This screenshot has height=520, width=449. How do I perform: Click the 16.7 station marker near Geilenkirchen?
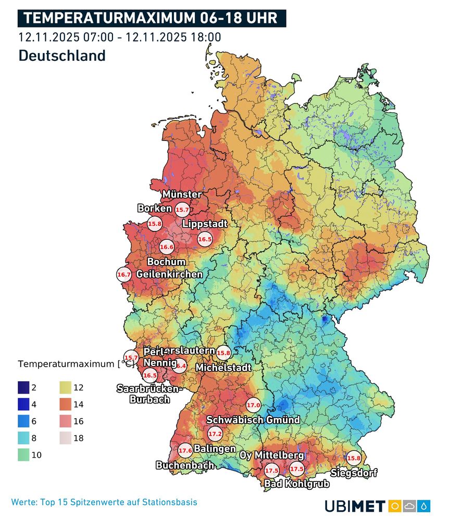(124, 274)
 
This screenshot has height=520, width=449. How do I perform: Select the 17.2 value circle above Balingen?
(215, 433)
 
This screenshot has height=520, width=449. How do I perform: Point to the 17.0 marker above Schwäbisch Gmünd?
(253, 406)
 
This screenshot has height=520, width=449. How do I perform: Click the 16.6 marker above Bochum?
(167, 248)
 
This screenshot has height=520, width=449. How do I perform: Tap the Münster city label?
(182, 194)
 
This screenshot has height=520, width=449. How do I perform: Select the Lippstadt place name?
(205, 224)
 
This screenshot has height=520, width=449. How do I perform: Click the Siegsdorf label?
(354, 473)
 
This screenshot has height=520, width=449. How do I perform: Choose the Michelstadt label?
(223, 368)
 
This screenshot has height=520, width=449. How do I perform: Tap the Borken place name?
(154, 209)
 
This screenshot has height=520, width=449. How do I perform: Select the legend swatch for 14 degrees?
(66, 404)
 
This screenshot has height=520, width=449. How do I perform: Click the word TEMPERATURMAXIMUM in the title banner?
(109, 19)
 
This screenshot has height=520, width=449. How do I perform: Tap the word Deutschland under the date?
(62, 56)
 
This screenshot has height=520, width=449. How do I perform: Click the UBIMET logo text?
(355, 506)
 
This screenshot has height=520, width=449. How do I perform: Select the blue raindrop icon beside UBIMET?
(426, 506)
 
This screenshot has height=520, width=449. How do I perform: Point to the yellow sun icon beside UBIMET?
(393, 506)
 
